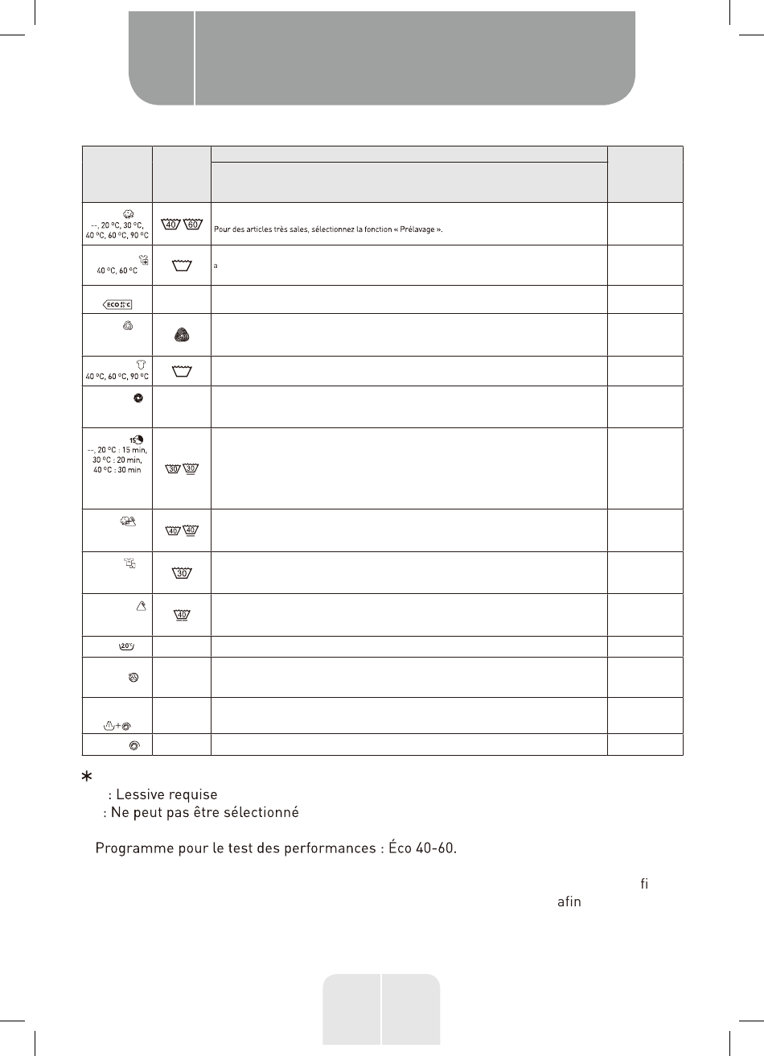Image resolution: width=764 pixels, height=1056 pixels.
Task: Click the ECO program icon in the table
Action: (117, 303)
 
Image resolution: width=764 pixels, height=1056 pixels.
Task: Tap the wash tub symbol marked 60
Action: (192, 225)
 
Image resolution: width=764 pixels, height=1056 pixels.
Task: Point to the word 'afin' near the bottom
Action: (569, 902)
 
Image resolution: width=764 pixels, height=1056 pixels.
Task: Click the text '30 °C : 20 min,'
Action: (119, 460)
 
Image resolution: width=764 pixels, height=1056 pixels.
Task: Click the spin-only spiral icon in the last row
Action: (134, 746)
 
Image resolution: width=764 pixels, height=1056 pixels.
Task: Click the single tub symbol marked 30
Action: (182, 574)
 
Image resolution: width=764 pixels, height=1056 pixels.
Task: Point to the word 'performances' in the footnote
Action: (330, 851)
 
